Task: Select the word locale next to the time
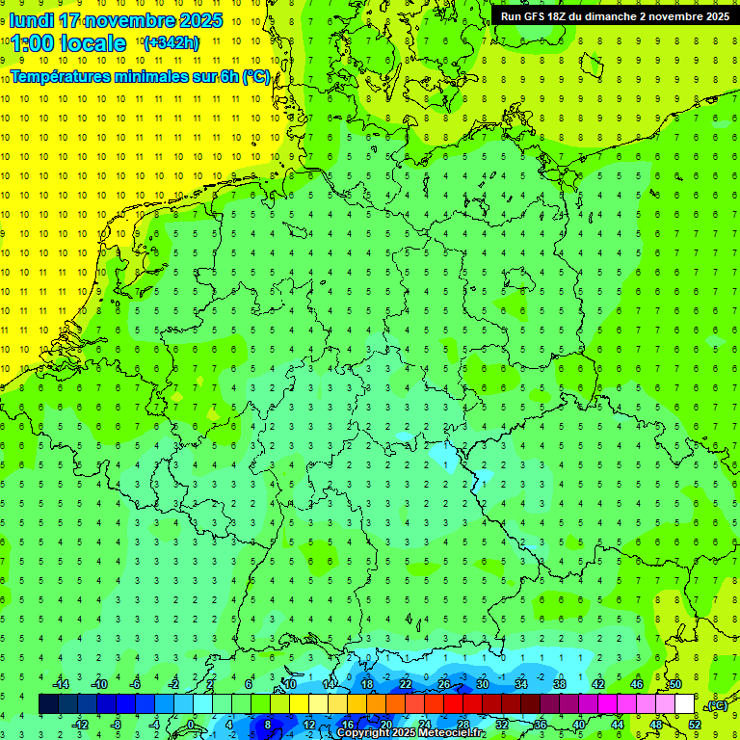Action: (94, 43)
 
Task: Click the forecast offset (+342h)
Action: (172, 42)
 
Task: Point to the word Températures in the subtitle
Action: (60, 76)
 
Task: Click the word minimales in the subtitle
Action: (152, 76)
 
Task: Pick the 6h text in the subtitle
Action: (227, 76)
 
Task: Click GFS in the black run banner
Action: (539, 15)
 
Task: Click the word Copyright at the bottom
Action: (363, 733)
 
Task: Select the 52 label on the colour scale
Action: (695, 725)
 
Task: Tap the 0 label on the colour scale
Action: (191, 725)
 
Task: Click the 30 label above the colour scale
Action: (482, 684)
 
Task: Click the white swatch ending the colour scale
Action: (684, 704)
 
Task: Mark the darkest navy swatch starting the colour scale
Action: (48, 704)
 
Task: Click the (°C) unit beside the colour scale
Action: (717, 705)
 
